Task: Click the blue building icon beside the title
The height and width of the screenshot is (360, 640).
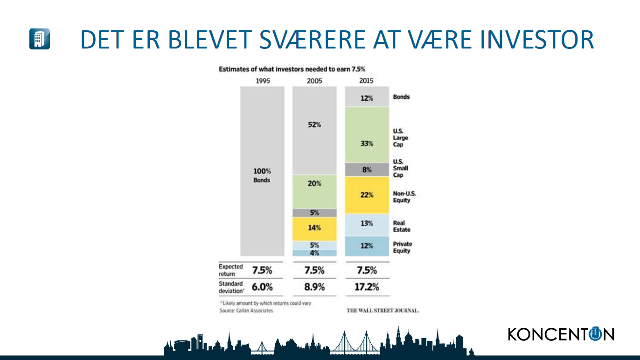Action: tap(40, 39)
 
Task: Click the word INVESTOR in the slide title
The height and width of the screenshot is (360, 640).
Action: tap(537, 40)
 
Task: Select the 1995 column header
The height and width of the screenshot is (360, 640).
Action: tap(263, 81)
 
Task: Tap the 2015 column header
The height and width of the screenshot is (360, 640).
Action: tap(366, 81)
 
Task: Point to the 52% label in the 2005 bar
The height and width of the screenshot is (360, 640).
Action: tap(314, 125)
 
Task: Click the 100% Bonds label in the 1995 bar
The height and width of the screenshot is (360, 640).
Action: tap(262, 175)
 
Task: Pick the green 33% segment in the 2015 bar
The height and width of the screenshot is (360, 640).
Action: tap(367, 135)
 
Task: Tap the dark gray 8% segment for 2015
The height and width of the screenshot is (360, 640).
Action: tap(367, 170)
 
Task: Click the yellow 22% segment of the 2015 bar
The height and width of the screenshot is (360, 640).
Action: tap(367, 195)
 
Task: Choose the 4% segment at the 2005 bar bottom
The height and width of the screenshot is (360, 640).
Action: tap(314, 253)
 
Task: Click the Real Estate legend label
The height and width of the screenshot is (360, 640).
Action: tap(402, 226)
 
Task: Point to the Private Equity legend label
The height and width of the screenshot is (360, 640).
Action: tap(402, 248)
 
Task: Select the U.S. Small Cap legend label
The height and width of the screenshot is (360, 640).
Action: tap(400, 168)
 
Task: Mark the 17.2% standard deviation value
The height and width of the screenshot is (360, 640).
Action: tap(367, 287)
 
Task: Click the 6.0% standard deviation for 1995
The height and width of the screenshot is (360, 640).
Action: tap(262, 287)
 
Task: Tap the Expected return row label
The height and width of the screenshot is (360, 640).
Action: tap(230, 270)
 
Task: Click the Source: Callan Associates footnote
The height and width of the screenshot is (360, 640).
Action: tap(246, 311)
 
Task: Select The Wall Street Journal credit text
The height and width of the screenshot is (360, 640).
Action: tap(383, 311)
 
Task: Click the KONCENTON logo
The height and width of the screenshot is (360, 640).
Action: tap(561, 334)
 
